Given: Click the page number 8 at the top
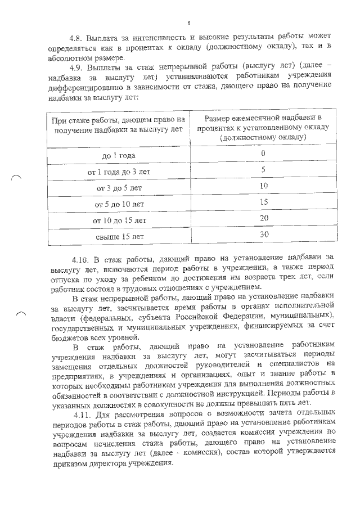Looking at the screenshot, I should (x=188, y=22).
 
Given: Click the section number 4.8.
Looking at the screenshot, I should (x=75, y=38).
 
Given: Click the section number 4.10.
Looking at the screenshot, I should (x=82, y=260).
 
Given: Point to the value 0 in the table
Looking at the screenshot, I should (x=263, y=154).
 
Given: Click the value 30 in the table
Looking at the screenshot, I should (x=264, y=234).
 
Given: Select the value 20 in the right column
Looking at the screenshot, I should (x=264, y=218).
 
